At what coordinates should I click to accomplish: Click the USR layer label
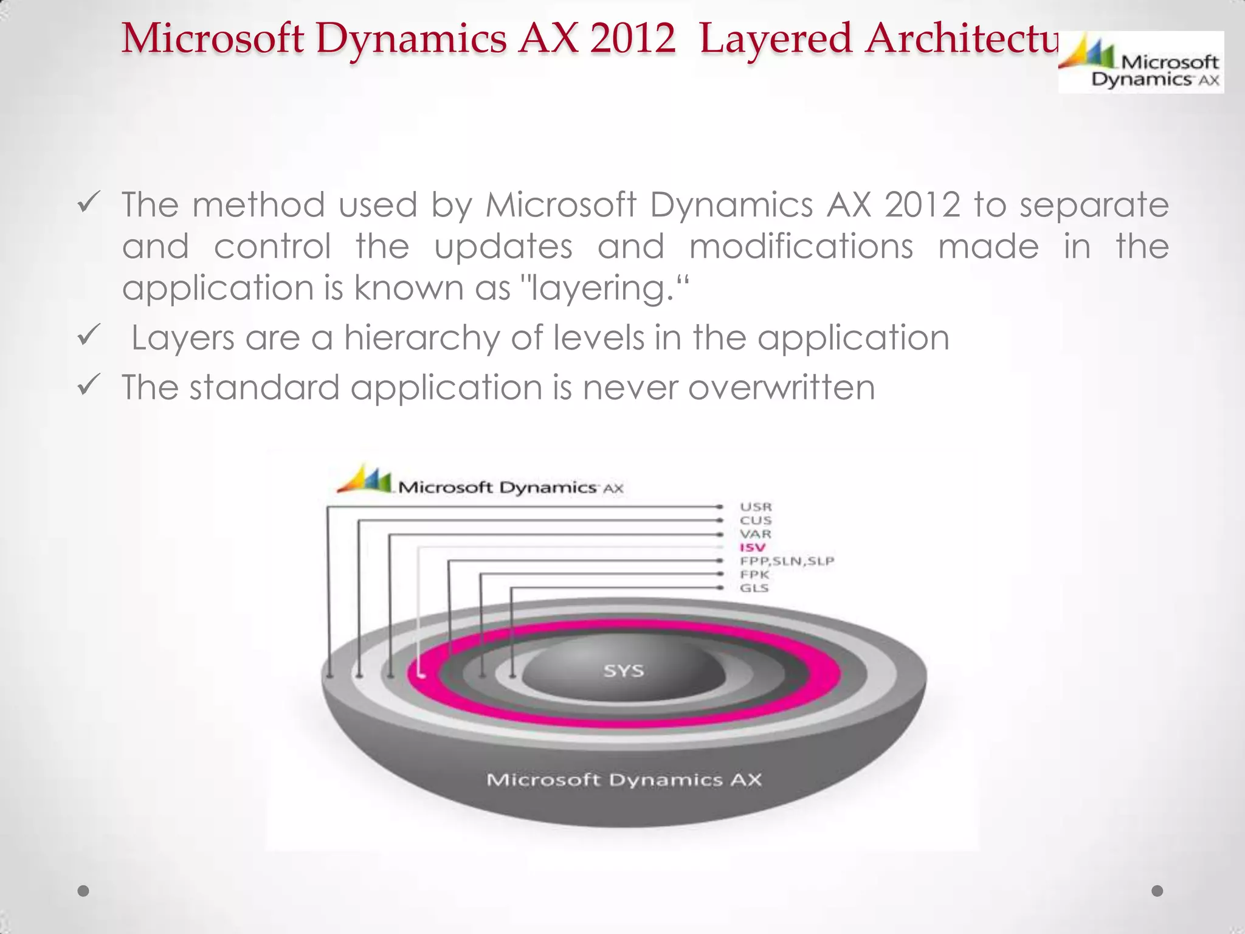pos(756,507)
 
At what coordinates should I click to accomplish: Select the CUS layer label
pos(756,521)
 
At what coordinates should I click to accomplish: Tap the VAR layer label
pos(756,534)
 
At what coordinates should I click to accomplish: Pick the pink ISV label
pos(752,547)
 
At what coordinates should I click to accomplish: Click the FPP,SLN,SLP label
pos(787,561)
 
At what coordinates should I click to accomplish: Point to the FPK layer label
pos(754,575)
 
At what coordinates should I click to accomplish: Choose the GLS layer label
pos(754,588)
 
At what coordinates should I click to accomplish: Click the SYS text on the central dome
pos(623,671)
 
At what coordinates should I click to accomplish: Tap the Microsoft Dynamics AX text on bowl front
pos(624,780)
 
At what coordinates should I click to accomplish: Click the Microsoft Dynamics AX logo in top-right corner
pos(1140,63)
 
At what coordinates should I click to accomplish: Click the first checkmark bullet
pos(89,202)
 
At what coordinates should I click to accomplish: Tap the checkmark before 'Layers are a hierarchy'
pos(89,336)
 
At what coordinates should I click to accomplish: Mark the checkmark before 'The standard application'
pos(89,385)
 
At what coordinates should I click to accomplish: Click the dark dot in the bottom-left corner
pos(83,891)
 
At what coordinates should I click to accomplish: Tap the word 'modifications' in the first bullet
pos(801,246)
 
